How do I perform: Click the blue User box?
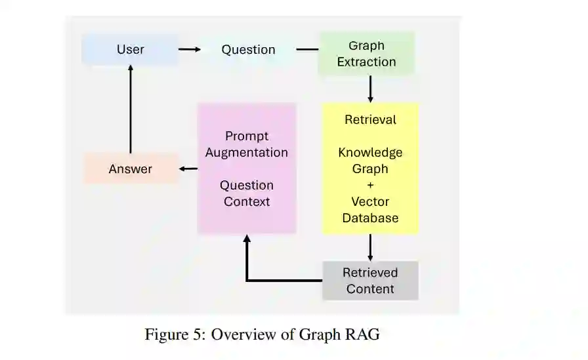point(130,50)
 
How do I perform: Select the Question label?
point(248,50)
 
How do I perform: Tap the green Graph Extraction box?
point(366,54)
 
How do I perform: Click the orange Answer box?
point(131,169)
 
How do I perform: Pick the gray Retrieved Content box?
point(370,281)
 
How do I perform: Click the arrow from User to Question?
point(190,49)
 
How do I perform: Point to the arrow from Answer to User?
point(130,108)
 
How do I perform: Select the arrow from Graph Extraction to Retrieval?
point(370,89)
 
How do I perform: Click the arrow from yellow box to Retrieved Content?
point(370,248)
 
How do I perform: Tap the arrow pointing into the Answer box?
point(188,169)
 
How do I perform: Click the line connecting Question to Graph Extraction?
point(306,49)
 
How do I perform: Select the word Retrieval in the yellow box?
point(370,120)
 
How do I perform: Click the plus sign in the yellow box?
point(370,186)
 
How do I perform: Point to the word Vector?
point(370,202)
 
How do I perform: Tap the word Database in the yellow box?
point(370,218)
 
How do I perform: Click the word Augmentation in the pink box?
point(247,153)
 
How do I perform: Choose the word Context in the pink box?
point(247,202)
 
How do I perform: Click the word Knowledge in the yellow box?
point(370,153)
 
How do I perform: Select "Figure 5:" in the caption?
point(173,334)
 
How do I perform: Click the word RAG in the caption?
point(362,334)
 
